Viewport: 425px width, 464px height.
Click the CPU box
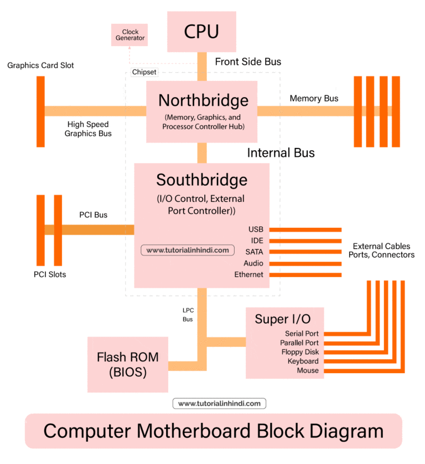pyautogui.click(x=201, y=32)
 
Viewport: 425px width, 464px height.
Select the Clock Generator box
pyautogui.click(x=130, y=35)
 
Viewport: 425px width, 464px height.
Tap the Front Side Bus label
pyautogui.click(x=248, y=62)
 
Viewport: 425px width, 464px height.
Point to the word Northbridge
pyautogui.click(x=203, y=100)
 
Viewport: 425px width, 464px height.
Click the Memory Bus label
pyautogui.click(x=314, y=99)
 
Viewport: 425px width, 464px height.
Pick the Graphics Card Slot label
pyautogui.click(x=40, y=65)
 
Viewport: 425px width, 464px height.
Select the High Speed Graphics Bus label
pyautogui.click(x=88, y=129)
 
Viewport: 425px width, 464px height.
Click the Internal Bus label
pyautogui.click(x=281, y=153)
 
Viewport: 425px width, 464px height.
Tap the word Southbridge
pyautogui.click(x=201, y=180)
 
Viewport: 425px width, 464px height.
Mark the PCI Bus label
pyautogui.click(x=93, y=215)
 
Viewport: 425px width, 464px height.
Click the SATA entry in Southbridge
pyautogui.click(x=253, y=252)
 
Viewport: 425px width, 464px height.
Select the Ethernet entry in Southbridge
pyautogui.click(x=248, y=275)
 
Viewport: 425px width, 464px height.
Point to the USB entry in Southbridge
pyautogui.click(x=256, y=230)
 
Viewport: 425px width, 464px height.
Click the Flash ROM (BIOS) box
pyautogui.click(x=127, y=365)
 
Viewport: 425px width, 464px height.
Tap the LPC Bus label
pyautogui.click(x=188, y=314)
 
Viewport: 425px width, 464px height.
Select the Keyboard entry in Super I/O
pyautogui.click(x=303, y=361)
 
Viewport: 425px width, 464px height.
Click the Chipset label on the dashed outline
pyautogui.click(x=144, y=72)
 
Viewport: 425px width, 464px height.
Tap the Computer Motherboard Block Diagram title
pyautogui.click(x=213, y=431)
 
